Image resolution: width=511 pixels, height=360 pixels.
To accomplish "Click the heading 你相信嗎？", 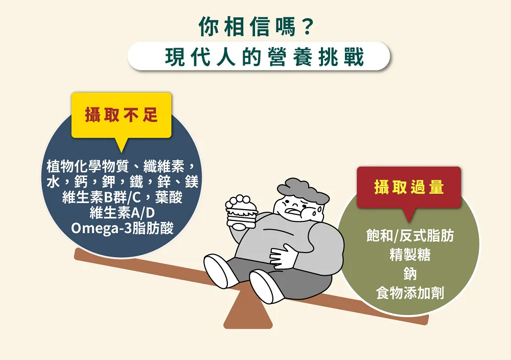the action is click(x=255, y=27).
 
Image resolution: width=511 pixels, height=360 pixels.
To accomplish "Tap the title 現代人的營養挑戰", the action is click(x=264, y=57).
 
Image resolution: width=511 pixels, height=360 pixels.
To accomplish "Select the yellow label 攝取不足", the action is click(x=122, y=115).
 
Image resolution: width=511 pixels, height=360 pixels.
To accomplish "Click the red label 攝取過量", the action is click(x=409, y=187).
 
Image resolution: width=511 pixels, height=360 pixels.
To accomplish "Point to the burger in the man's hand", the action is click(x=242, y=212).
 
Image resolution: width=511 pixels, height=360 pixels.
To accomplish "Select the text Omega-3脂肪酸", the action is click(x=122, y=228).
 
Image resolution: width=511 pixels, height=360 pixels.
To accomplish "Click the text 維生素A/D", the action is click(x=122, y=213).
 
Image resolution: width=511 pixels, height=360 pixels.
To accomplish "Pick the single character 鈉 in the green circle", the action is click(x=410, y=274).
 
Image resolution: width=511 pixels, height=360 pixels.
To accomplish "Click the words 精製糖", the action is click(x=410, y=255).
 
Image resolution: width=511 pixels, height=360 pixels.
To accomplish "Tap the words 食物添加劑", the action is click(x=410, y=293).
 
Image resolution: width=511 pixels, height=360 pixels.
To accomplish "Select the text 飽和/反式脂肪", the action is click(x=410, y=235).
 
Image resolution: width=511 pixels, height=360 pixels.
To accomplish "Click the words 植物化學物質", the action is click(x=88, y=166).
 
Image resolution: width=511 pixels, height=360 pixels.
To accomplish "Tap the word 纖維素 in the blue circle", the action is click(x=164, y=166).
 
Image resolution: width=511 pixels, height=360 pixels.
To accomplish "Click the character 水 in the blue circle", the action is click(x=53, y=182).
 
